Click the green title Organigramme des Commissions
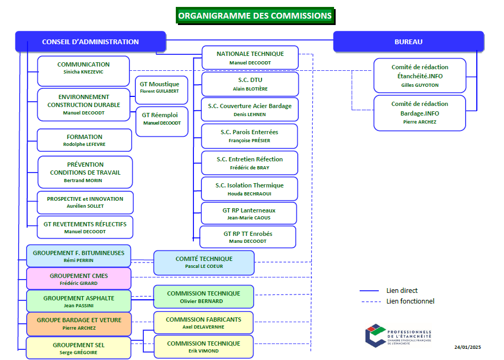pyautogui.click(x=255, y=16)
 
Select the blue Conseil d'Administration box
pyautogui.click(x=90, y=42)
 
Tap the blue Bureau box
pyautogui.click(x=408, y=42)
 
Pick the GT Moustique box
pyautogui.click(x=159, y=87)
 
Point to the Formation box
pyautogui.click(x=84, y=140)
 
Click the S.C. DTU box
pyautogui.click(x=249, y=84)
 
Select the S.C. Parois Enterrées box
pyautogui.click(x=249, y=136)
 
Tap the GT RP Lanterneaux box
pyautogui.click(x=249, y=213)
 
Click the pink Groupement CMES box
pyautogui.click(x=78, y=279)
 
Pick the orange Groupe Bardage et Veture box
pyautogui.click(x=78, y=323)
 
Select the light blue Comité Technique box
pyautogui.click(x=204, y=262)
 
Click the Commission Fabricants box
pyautogui.click(x=204, y=323)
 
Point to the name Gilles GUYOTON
pyautogui.click(x=420, y=85)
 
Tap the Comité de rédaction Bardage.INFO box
pyautogui.click(x=420, y=112)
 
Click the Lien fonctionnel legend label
pyautogui.click(x=410, y=301)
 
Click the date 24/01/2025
pyautogui.click(x=467, y=347)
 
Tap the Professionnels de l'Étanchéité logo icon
pyautogui.click(x=375, y=336)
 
